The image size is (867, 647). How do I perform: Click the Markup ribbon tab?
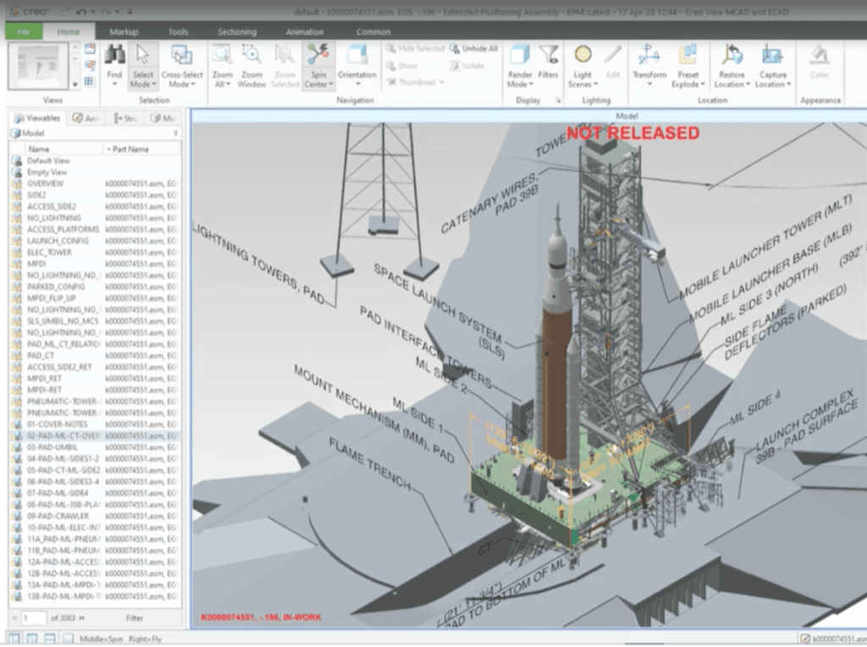124,31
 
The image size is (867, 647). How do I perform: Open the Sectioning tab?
236,31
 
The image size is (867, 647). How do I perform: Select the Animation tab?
304,31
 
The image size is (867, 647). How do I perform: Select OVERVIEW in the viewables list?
45,184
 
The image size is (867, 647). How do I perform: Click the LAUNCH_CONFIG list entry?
52,241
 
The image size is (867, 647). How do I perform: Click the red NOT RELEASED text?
632,133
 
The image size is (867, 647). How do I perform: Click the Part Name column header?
128,149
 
